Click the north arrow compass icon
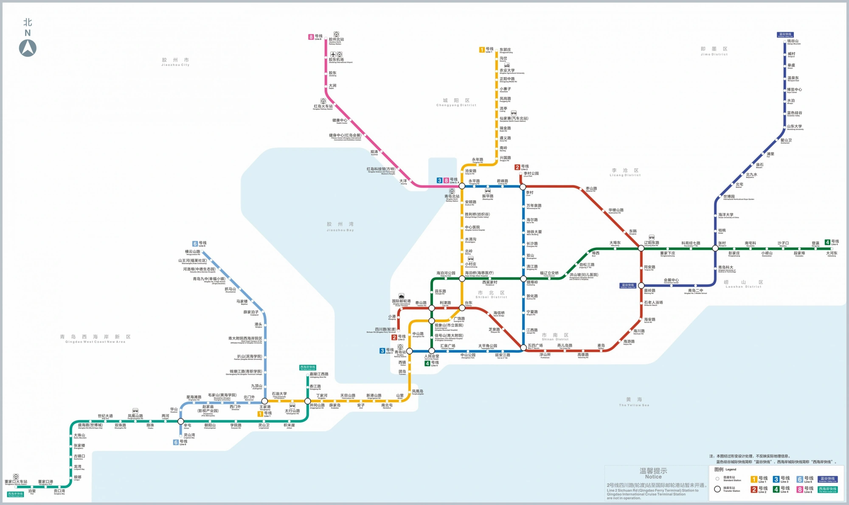[28, 48]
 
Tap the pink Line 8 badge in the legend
[799, 489]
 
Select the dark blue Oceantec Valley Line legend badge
[828, 479]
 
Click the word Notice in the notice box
[653, 477]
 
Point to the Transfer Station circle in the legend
[717, 489]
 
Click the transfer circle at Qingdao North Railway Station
[462, 186]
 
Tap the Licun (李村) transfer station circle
[523, 187]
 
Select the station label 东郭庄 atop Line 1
[505, 50]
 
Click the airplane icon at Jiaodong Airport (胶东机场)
[333, 54]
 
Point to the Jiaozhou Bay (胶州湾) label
[340, 224]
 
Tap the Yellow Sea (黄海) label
[634, 400]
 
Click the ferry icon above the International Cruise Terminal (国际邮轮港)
[401, 296]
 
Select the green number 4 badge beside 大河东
[827, 242]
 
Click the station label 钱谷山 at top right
[793, 41]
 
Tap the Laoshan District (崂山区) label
[743, 282]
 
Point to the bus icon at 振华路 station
[488, 191]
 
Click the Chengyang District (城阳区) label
[456, 101]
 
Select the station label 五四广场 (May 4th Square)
[535, 345]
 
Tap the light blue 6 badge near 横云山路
[195, 244]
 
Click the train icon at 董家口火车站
[16, 477]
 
